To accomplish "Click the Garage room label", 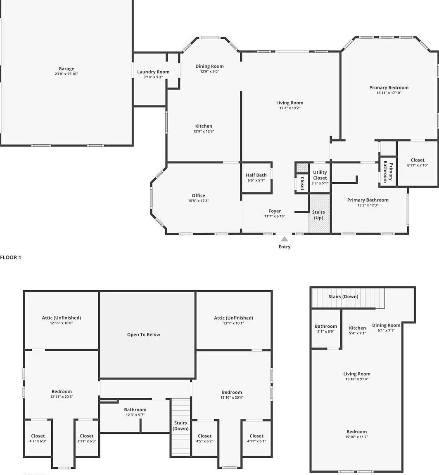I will click(66, 69).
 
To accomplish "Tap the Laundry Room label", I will click(153, 72).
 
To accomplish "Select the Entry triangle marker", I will click(285, 239).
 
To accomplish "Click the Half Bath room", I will click(256, 177).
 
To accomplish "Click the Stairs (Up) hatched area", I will click(319, 214).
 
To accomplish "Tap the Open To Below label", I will click(143, 335).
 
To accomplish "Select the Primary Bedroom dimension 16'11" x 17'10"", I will click(389, 93).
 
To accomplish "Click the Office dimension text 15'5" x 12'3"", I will click(198, 201).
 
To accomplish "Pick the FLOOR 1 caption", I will click(10, 257).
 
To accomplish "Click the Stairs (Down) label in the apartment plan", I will click(343, 296).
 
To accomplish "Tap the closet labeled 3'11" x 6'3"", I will click(87, 438).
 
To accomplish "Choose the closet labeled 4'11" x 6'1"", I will click(256, 438).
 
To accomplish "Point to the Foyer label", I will click(275, 211).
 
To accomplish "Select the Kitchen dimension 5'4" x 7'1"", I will click(357, 333).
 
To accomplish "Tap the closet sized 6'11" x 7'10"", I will click(418, 162).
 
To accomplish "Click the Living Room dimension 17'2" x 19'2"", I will click(290, 108).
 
